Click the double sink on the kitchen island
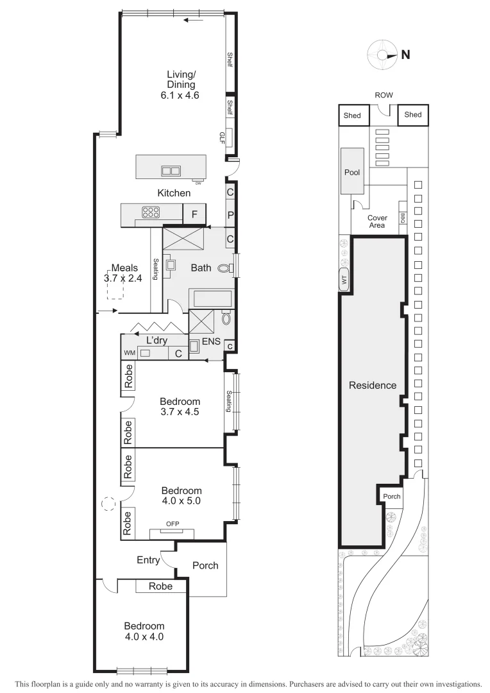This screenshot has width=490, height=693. click(x=171, y=171)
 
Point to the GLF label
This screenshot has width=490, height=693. click(x=222, y=137)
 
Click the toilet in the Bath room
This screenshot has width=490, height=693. click(x=224, y=269)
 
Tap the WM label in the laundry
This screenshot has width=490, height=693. click(x=130, y=353)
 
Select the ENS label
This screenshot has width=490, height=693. click(x=211, y=342)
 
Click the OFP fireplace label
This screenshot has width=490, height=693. click(x=173, y=524)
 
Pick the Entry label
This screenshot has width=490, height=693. click(x=148, y=560)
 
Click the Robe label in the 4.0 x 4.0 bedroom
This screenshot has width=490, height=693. click(x=160, y=586)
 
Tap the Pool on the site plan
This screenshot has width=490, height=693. click(x=352, y=173)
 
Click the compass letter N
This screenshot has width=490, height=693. click(x=405, y=55)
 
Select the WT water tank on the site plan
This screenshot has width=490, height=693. click(x=344, y=280)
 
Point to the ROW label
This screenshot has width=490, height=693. click(x=384, y=95)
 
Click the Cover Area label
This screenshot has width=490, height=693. click(x=376, y=222)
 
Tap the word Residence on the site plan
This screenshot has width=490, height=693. click(x=373, y=386)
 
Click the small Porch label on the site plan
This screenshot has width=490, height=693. click(x=391, y=497)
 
